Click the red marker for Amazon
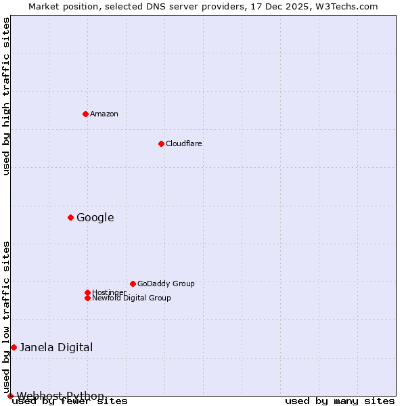(x=85, y=114)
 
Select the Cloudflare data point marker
(x=161, y=143)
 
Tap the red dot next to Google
(x=70, y=217)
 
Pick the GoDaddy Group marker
(x=133, y=284)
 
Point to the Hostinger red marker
(x=87, y=292)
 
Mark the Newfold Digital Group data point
(x=87, y=298)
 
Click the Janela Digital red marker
(x=14, y=347)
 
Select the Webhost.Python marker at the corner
(x=10, y=396)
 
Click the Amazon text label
(x=104, y=114)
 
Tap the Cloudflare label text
(x=184, y=143)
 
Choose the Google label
(x=95, y=217)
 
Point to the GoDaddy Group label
(x=166, y=284)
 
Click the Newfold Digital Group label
(x=132, y=298)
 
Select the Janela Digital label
(x=56, y=347)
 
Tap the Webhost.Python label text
(x=61, y=396)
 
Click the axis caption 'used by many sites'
(x=340, y=401)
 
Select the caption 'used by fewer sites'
(x=70, y=401)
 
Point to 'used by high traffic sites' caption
(x=7, y=96)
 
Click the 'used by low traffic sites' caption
(x=7, y=317)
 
